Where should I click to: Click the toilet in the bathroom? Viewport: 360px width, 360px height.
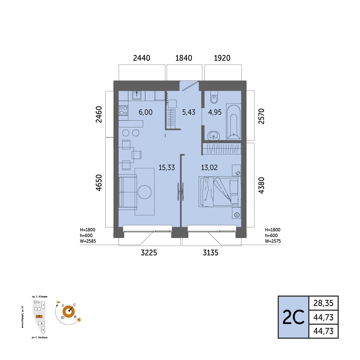click(214, 97)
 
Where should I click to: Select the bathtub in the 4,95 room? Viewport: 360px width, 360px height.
click(233, 122)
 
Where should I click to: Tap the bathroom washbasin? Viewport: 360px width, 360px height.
click(214, 135)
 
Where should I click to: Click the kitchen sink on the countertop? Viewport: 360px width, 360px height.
click(137, 95)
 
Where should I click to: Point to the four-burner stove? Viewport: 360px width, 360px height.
click(123, 110)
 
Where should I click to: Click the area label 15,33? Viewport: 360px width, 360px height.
click(167, 168)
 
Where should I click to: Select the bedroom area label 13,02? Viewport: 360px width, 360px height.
click(209, 168)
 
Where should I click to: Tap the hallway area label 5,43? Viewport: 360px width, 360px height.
click(189, 112)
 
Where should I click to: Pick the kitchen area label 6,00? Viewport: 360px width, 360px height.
click(146, 112)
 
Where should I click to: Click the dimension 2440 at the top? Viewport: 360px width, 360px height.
click(142, 58)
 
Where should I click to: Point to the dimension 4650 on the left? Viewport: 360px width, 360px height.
click(99, 183)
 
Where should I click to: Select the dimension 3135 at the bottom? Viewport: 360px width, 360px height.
click(211, 253)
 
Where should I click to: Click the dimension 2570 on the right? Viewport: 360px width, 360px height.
click(261, 116)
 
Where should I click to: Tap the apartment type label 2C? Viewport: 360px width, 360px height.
click(293, 318)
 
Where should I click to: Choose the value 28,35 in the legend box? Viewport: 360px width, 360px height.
click(323, 303)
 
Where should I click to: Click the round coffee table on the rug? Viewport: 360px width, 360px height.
click(144, 192)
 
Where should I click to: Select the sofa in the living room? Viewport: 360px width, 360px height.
click(128, 192)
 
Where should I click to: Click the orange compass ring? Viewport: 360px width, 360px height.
click(69, 312)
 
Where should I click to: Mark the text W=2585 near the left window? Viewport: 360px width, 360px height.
click(88, 241)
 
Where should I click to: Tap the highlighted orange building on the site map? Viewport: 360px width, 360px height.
click(39, 316)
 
